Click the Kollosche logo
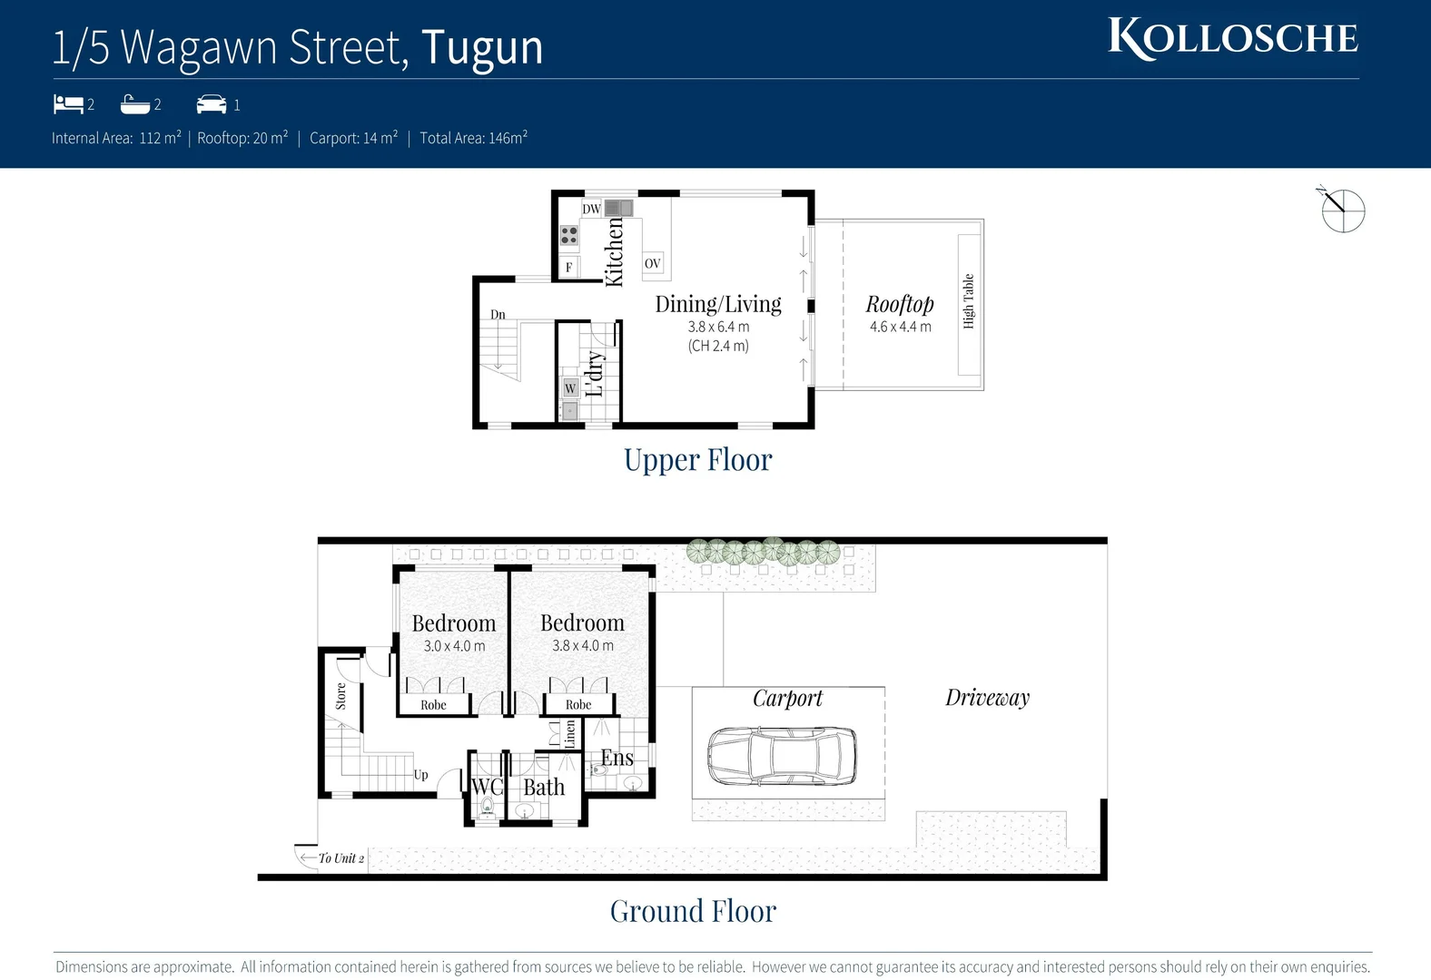1232,38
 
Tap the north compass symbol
1342,211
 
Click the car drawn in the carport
781,755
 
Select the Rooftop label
899,304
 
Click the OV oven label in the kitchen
652,263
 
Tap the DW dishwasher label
591,209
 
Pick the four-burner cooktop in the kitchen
569,236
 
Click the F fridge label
568,267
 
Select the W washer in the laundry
570,388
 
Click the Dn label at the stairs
498,315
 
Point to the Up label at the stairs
420,775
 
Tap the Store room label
340,696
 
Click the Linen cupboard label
570,733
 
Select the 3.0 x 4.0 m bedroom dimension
454,646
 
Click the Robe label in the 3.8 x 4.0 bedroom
578,705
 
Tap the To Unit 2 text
340,858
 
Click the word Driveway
987,697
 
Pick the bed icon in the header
68,104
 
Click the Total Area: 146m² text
473,138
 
